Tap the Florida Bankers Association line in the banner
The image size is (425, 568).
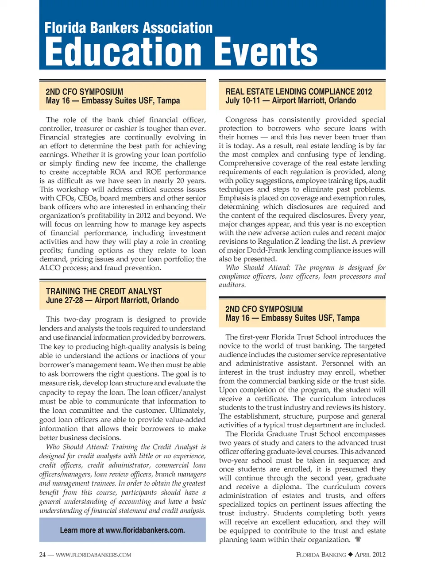point(128,28)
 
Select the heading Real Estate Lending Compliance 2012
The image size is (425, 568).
point(298,92)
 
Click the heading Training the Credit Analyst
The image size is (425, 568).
point(104,291)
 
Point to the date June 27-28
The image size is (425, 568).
point(64,300)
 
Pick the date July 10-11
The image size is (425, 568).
point(243,100)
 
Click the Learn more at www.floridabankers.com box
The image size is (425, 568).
point(122,530)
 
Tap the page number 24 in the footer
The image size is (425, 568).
point(42,555)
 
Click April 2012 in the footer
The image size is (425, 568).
point(370,555)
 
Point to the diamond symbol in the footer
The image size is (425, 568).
point(350,555)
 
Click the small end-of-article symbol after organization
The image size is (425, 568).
point(358,539)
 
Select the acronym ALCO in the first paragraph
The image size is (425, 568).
point(50,268)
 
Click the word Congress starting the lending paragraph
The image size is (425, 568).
point(241,119)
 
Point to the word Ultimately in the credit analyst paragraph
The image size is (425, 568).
point(187,410)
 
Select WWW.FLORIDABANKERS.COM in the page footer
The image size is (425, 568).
point(93,555)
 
